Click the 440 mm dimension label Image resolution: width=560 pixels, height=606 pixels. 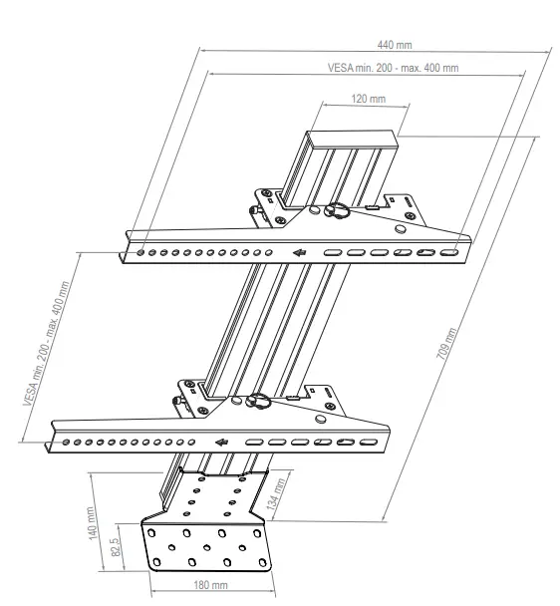tap(394, 45)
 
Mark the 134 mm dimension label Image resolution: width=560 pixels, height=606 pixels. tap(279, 495)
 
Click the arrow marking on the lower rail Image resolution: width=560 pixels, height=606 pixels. tap(222, 442)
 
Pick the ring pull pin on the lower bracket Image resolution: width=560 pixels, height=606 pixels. tap(260, 402)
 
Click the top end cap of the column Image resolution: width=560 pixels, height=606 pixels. tap(354, 141)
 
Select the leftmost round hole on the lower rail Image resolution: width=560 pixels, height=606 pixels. tap(65, 441)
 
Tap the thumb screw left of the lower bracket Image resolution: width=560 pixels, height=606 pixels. tap(177, 402)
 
